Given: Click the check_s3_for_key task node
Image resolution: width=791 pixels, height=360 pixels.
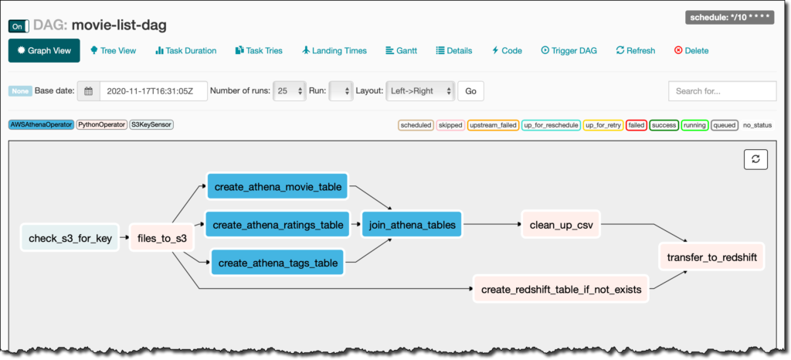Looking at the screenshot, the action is pyautogui.click(x=70, y=238).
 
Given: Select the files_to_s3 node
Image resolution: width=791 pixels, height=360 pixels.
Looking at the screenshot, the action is pyautogui.click(x=161, y=238).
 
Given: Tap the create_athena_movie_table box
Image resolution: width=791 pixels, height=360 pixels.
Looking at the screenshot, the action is pyautogui.click(x=278, y=186).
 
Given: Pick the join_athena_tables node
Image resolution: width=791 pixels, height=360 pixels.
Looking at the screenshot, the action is pyautogui.click(x=412, y=225).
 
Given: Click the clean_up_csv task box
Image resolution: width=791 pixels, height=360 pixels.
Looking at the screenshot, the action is pyautogui.click(x=561, y=225).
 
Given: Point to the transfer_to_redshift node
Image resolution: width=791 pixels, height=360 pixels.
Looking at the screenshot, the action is pyautogui.click(x=711, y=258).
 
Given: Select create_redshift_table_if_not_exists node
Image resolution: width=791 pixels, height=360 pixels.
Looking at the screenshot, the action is pyautogui.click(x=561, y=290).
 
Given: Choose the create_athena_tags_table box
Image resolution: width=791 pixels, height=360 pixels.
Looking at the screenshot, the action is pyautogui.click(x=277, y=263).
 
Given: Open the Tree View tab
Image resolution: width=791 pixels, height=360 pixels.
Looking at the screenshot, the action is pyautogui.click(x=113, y=50).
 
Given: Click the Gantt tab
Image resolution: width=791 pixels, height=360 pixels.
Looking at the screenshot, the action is pyautogui.click(x=401, y=50).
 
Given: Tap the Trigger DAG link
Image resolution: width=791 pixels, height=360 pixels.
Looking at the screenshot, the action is pyautogui.click(x=569, y=50).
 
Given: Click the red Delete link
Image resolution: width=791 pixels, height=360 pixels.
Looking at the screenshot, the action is pyautogui.click(x=691, y=50).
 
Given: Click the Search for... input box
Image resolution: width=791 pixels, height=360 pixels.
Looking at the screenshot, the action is pyautogui.click(x=722, y=91).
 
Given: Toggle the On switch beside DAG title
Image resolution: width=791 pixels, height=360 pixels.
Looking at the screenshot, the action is pyautogui.click(x=19, y=26).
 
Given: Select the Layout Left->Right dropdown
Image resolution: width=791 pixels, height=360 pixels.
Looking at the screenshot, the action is pyautogui.click(x=420, y=91).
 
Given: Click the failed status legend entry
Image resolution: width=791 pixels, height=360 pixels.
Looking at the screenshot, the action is pyautogui.click(x=637, y=125).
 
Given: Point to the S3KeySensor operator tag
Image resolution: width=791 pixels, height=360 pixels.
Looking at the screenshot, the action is pyautogui.click(x=151, y=124).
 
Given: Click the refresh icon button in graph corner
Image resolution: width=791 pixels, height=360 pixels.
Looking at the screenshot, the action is pyautogui.click(x=755, y=159).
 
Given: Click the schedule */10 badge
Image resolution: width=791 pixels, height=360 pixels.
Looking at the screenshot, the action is pyautogui.click(x=729, y=18).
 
